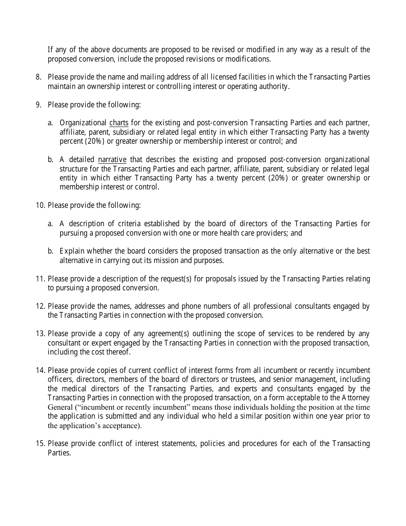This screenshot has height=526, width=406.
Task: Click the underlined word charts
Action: tap(119, 123)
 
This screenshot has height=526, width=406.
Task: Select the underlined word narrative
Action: tap(112, 160)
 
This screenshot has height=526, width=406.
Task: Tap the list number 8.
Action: tap(38, 77)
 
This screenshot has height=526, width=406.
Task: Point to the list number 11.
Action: tap(40, 279)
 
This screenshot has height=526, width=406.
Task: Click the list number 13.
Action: tap(40, 334)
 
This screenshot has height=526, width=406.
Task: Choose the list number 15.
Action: tap(40, 443)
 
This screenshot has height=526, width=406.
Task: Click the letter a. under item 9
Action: tap(50, 123)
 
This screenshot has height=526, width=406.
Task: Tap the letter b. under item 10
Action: tap(50, 251)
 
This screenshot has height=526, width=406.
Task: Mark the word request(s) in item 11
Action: tap(171, 279)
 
